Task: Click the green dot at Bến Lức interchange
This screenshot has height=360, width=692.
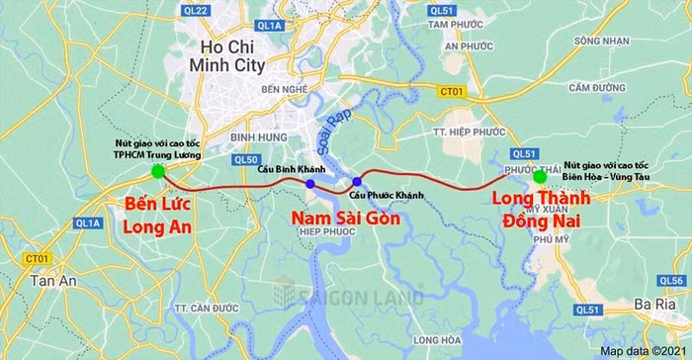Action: pos(158,172)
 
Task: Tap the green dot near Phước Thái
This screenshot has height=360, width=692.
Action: pos(540,177)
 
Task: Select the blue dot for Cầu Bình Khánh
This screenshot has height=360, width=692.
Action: pos(310,184)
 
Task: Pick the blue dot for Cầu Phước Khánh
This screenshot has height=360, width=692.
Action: pos(357,182)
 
